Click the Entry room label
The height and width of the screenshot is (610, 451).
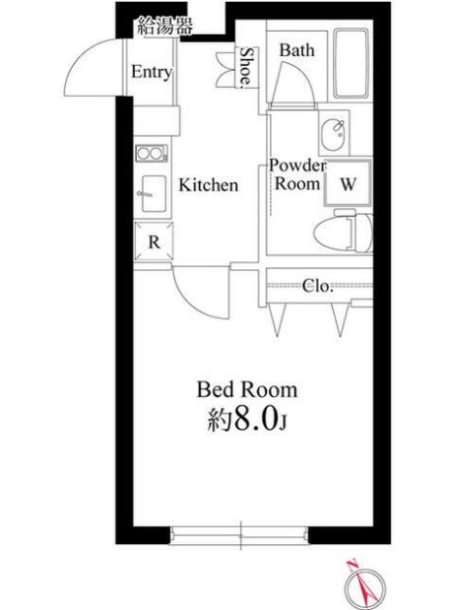click(x=152, y=72)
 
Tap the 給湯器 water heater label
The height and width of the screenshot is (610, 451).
click(x=164, y=27)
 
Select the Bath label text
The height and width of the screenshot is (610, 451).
click(x=297, y=50)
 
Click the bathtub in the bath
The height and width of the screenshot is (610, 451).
click(x=352, y=63)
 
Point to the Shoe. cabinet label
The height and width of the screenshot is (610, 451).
click(x=246, y=66)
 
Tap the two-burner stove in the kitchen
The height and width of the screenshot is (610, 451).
click(x=152, y=154)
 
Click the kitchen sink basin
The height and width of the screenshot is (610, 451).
click(x=154, y=194)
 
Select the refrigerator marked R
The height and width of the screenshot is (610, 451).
click(x=154, y=241)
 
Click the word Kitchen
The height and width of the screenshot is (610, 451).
click(x=209, y=185)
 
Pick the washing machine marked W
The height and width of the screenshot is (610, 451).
click(x=348, y=182)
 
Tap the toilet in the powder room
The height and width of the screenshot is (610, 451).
click(x=343, y=233)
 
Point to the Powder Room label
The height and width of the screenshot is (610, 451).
click(x=297, y=174)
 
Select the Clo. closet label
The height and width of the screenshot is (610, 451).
click(x=318, y=287)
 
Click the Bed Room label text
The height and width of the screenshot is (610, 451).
click(x=247, y=390)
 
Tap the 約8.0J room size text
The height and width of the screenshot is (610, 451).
click(x=247, y=419)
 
